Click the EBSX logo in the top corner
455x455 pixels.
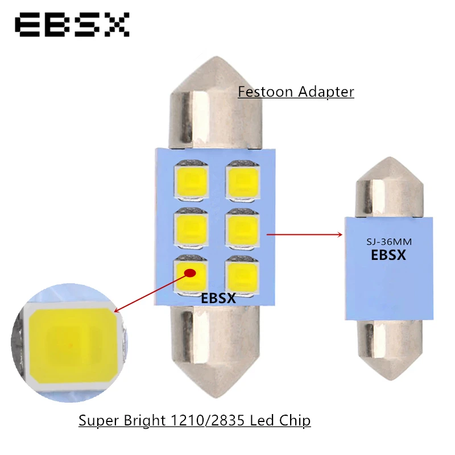pyautogui.click(x=72, y=26)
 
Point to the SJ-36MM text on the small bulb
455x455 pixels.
pyautogui.click(x=388, y=242)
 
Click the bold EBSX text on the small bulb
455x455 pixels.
pyautogui.click(x=388, y=255)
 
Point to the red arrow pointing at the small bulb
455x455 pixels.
pyautogui.click(x=304, y=233)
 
